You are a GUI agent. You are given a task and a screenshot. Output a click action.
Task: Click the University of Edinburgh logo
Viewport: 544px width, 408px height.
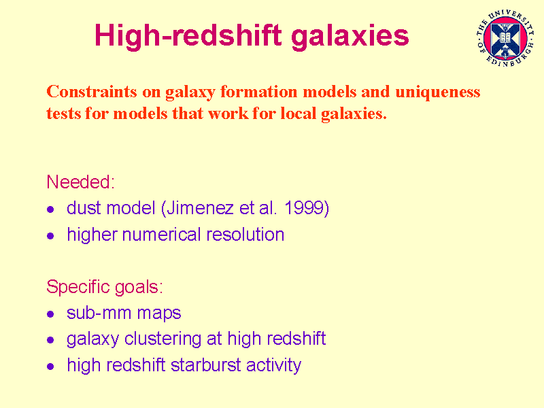point(505,38)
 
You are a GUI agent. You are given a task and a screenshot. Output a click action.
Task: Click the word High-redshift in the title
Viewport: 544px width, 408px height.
point(188,36)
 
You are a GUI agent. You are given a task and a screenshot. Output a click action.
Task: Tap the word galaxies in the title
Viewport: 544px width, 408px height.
point(350,36)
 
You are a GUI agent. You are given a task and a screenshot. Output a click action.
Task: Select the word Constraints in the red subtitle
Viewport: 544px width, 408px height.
point(92,92)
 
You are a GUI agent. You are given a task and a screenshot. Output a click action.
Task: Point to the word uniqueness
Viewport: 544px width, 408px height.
point(438,92)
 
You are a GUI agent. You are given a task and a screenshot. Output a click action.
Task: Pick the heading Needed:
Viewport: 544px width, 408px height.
point(80,182)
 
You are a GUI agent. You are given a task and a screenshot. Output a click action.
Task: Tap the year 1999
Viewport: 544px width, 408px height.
point(304,208)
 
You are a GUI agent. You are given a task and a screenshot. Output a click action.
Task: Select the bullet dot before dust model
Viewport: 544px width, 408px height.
point(50,209)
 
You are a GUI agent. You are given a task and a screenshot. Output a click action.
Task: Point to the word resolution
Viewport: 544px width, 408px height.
point(245,235)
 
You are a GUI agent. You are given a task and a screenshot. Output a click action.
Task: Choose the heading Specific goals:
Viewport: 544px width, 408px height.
point(105,287)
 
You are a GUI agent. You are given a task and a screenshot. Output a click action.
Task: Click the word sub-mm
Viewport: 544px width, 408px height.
point(99,313)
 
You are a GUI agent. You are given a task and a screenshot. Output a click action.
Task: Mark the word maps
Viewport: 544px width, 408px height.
point(159,314)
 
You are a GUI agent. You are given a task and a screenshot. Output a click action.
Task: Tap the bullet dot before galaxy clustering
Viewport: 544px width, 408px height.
point(50,339)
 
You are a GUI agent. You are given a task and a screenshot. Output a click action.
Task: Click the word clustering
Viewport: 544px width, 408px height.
point(163,339)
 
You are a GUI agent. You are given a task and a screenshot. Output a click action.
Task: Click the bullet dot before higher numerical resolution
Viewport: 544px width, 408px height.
point(50,236)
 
